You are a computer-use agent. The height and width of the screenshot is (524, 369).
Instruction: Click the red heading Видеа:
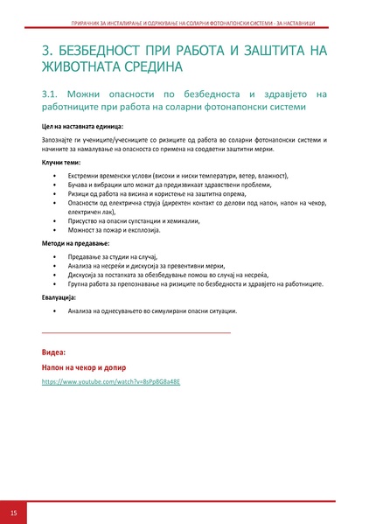[54, 351]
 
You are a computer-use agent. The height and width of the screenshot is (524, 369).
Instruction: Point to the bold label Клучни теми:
[61, 163]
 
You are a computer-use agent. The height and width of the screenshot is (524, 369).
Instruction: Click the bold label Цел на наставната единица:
[84, 128]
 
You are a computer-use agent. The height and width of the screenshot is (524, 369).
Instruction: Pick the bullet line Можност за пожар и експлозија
[122, 229]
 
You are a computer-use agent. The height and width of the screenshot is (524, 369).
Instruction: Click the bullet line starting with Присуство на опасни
[140, 220]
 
